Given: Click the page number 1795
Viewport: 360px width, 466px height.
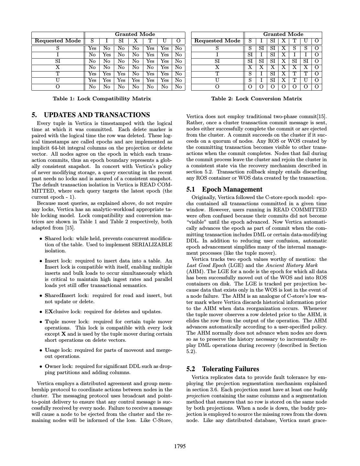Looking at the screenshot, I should pyautogui.click(x=180, y=447).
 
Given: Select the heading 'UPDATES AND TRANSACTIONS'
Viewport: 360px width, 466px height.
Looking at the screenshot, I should pyautogui.click(x=96, y=115).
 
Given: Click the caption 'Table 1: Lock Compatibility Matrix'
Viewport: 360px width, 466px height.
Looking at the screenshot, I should pyautogui.click(x=102, y=98).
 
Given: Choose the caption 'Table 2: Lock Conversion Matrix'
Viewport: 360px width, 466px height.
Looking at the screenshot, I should pyautogui.click(x=256, y=98).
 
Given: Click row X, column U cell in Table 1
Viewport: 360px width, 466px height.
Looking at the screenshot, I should pyautogui.click(x=165, y=67).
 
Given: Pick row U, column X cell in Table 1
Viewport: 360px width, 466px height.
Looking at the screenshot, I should pyautogui.click(x=136, y=80).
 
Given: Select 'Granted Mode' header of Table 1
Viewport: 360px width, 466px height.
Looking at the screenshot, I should pyautogui.click(x=135, y=34).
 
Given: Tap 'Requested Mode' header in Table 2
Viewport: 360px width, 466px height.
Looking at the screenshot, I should pyautogui.click(x=217, y=41).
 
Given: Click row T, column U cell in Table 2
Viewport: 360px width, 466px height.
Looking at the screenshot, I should pyautogui.click(x=306, y=74).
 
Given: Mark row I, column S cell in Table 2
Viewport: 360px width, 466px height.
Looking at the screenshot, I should pyautogui.click(x=250, y=55).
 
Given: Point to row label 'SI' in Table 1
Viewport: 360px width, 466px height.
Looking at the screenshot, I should pyautogui.click(x=58, y=61).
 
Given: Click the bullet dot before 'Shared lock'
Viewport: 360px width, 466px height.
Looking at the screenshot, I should pyautogui.click(x=41, y=239).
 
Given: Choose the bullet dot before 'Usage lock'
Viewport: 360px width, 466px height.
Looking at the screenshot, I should pyautogui.click(x=41, y=350).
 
